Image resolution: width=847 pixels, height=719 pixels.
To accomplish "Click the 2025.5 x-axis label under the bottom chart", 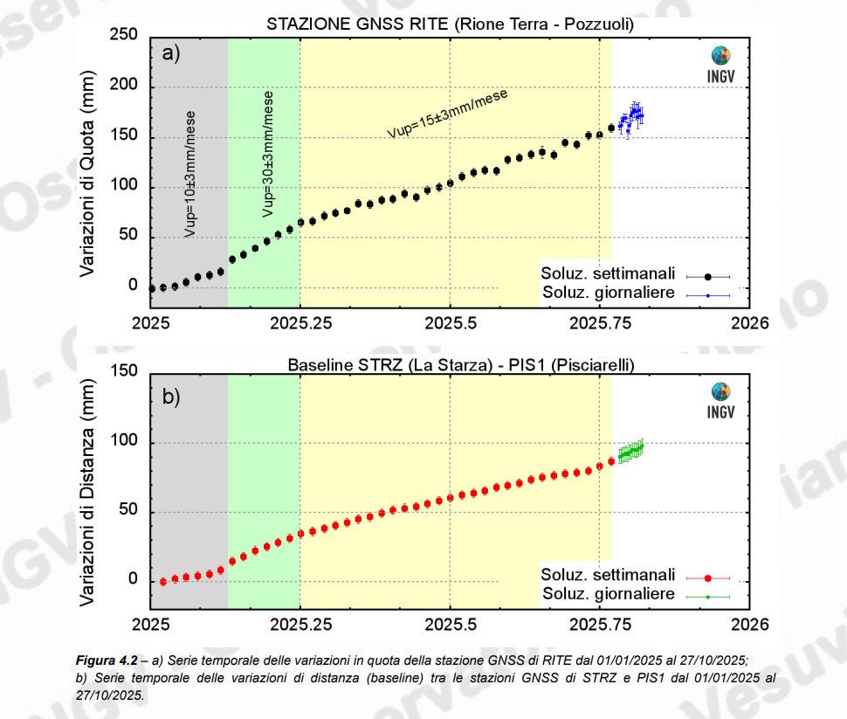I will point(450,626).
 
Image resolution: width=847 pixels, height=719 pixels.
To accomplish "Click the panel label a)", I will point(171,54).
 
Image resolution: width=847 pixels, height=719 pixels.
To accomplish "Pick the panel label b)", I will point(171,397).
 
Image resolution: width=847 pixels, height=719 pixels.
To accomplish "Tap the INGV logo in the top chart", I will point(720,63).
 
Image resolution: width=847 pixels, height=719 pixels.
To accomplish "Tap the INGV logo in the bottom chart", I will point(720,399).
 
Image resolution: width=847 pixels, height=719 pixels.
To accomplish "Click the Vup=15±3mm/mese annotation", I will point(449,114).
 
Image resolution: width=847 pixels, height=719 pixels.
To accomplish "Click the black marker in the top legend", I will point(708,276).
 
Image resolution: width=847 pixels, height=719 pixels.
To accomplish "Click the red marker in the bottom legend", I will point(708,577).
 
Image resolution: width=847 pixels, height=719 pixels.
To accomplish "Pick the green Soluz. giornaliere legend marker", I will point(708,597).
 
